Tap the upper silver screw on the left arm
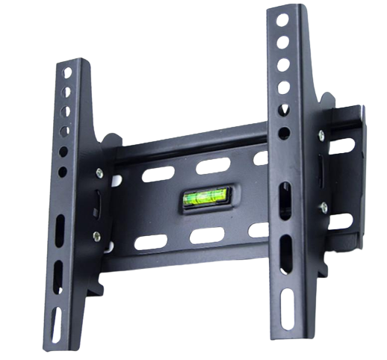tap(99, 173)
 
